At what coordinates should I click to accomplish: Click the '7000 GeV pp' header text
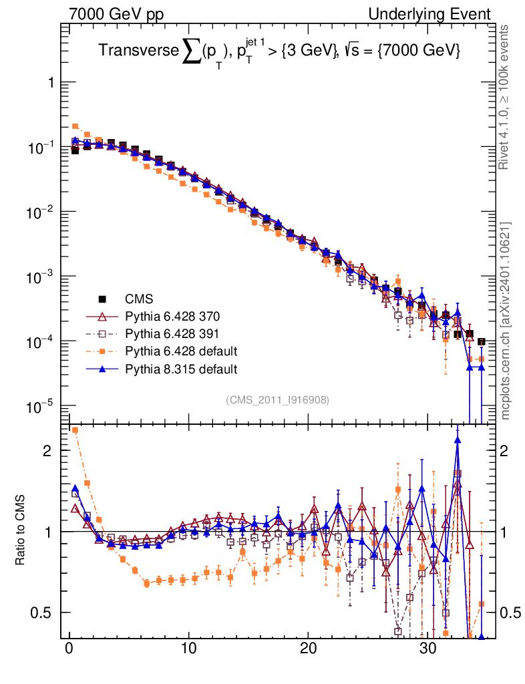point(116,14)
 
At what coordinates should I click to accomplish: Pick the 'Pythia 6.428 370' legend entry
point(172,316)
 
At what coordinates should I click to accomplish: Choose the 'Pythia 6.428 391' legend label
point(172,333)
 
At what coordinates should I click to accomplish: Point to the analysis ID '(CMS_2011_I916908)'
point(277,399)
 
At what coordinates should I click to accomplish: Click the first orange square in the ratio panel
point(75,430)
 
